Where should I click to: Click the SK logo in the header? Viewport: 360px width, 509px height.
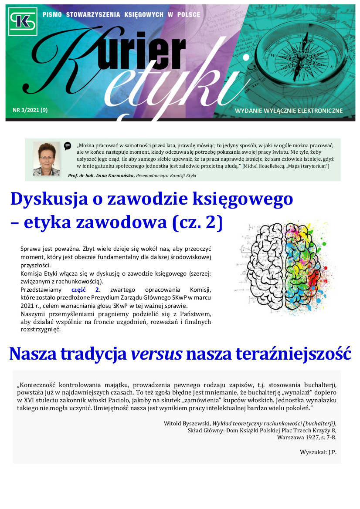(23, 21)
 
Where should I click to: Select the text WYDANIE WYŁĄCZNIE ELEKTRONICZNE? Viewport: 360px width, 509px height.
(289, 111)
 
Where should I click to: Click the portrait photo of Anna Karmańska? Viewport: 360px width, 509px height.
(46, 158)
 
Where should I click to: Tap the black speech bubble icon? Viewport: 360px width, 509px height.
(68, 146)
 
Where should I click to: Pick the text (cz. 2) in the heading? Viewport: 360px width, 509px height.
(197, 222)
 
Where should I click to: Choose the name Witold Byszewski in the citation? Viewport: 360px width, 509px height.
(188, 423)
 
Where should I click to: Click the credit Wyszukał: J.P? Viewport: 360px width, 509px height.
(318, 452)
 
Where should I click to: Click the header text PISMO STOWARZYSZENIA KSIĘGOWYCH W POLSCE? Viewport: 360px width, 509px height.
(122, 15)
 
